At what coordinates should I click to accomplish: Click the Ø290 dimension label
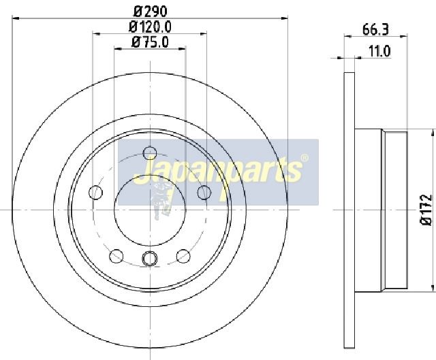pyautogui.click(x=151, y=11)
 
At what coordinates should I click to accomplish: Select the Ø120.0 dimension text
pyautogui.click(x=150, y=27)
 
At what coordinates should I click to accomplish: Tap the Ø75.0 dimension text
pyautogui.click(x=150, y=42)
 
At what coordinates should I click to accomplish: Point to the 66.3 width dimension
pyautogui.click(x=375, y=29)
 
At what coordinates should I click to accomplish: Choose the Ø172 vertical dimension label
pyautogui.click(x=426, y=210)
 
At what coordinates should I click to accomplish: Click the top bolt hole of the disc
pyautogui.click(x=150, y=152)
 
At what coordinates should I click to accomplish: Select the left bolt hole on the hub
pyautogui.click(x=95, y=192)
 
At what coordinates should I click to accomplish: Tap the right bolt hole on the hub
pyautogui.click(x=204, y=192)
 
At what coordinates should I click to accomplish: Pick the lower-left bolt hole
pyautogui.click(x=116, y=256)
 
